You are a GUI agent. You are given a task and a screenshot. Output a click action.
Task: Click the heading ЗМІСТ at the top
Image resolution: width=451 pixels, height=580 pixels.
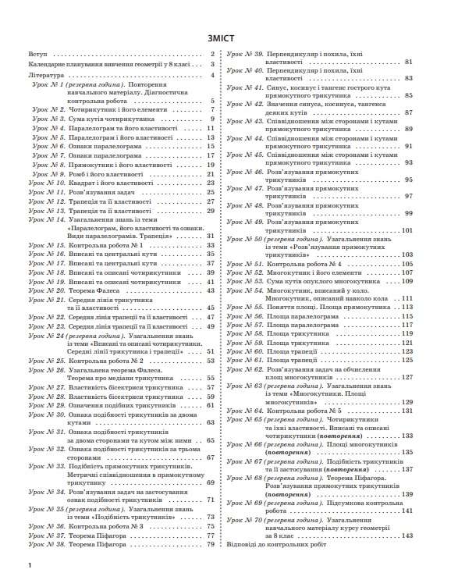(x=225, y=37)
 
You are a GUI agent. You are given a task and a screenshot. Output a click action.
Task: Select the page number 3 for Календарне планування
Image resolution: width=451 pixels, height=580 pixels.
(x=211, y=65)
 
